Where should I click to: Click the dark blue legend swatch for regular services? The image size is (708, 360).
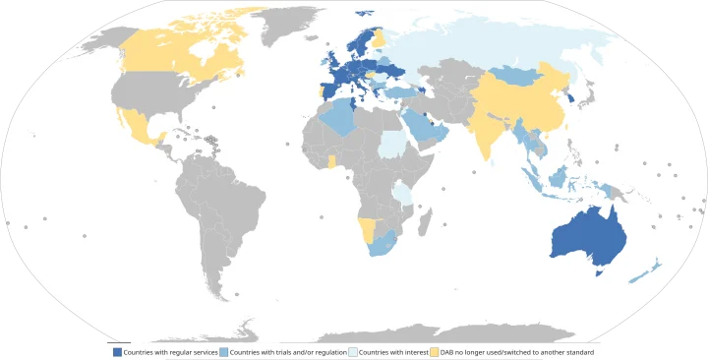[118, 351]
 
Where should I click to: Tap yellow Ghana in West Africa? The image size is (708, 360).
[331, 160]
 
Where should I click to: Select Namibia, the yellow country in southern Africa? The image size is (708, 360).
[367, 230]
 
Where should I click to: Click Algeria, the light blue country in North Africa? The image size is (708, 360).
[338, 118]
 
